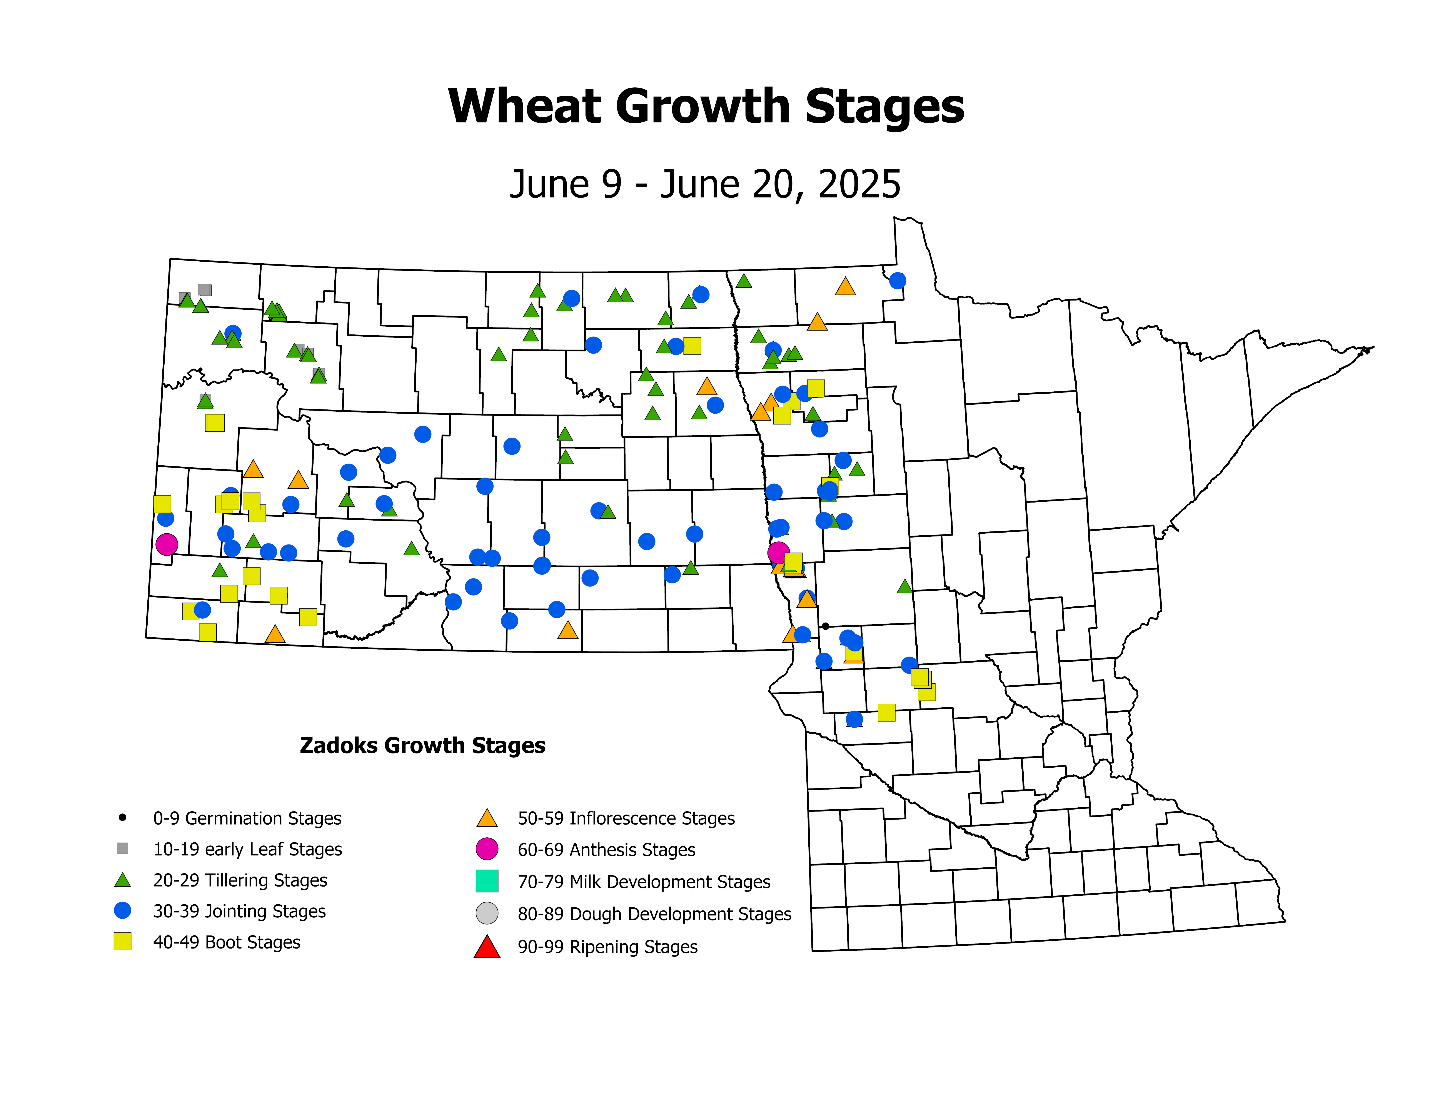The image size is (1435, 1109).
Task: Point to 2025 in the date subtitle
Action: point(859,185)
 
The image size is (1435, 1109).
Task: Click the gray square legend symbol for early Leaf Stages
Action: point(122,848)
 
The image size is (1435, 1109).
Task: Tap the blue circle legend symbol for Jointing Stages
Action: point(122,911)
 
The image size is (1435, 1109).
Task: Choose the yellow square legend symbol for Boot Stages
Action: point(122,942)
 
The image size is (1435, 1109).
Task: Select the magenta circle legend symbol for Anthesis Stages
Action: point(487,849)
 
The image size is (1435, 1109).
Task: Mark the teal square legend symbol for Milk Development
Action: point(487,881)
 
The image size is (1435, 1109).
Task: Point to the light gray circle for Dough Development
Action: point(487,913)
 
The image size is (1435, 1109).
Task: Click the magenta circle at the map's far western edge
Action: point(167,544)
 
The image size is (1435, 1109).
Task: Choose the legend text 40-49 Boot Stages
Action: point(227,942)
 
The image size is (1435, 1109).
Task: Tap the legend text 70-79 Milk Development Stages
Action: point(644,882)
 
